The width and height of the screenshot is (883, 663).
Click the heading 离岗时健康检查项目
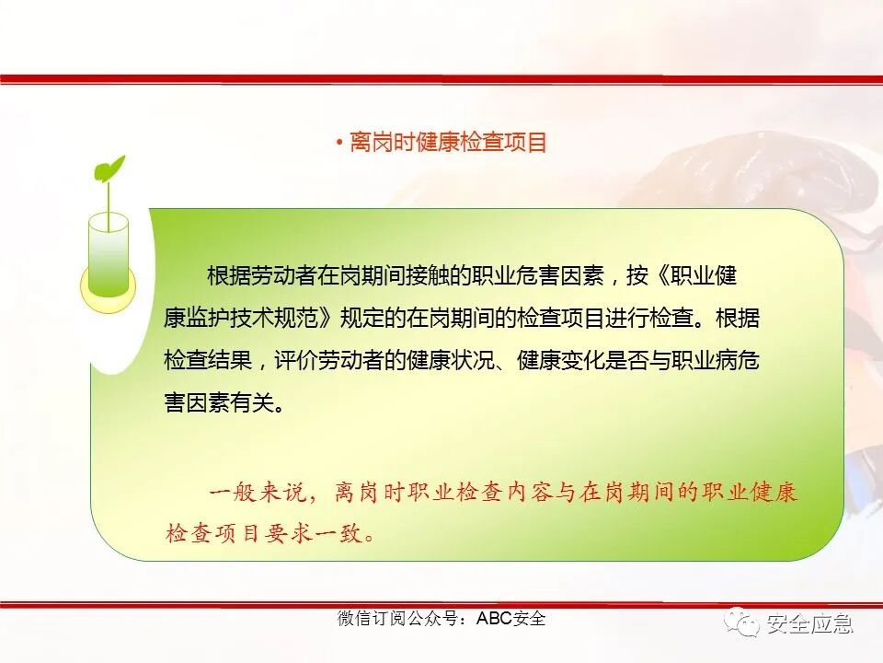(449, 143)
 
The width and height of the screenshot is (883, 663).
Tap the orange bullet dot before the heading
(338, 143)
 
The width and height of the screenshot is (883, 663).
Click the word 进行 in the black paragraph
(626, 319)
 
